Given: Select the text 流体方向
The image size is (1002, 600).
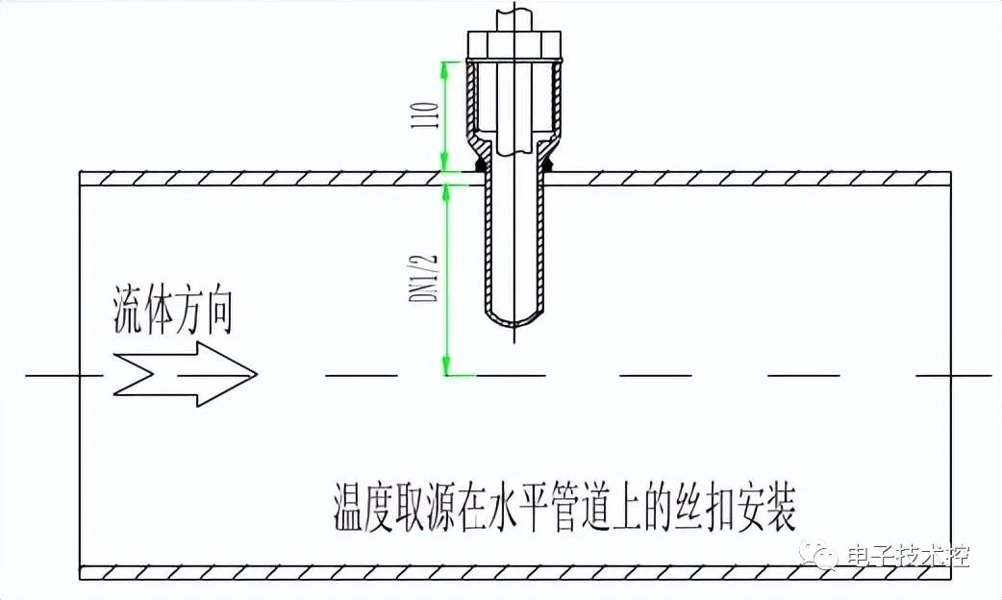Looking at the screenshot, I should click(x=173, y=310).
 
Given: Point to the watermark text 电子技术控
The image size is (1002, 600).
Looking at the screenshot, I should click(x=908, y=557).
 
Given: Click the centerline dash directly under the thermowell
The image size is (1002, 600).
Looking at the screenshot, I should click(x=511, y=374).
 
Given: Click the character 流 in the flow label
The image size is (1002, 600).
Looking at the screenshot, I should click(x=128, y=310).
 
